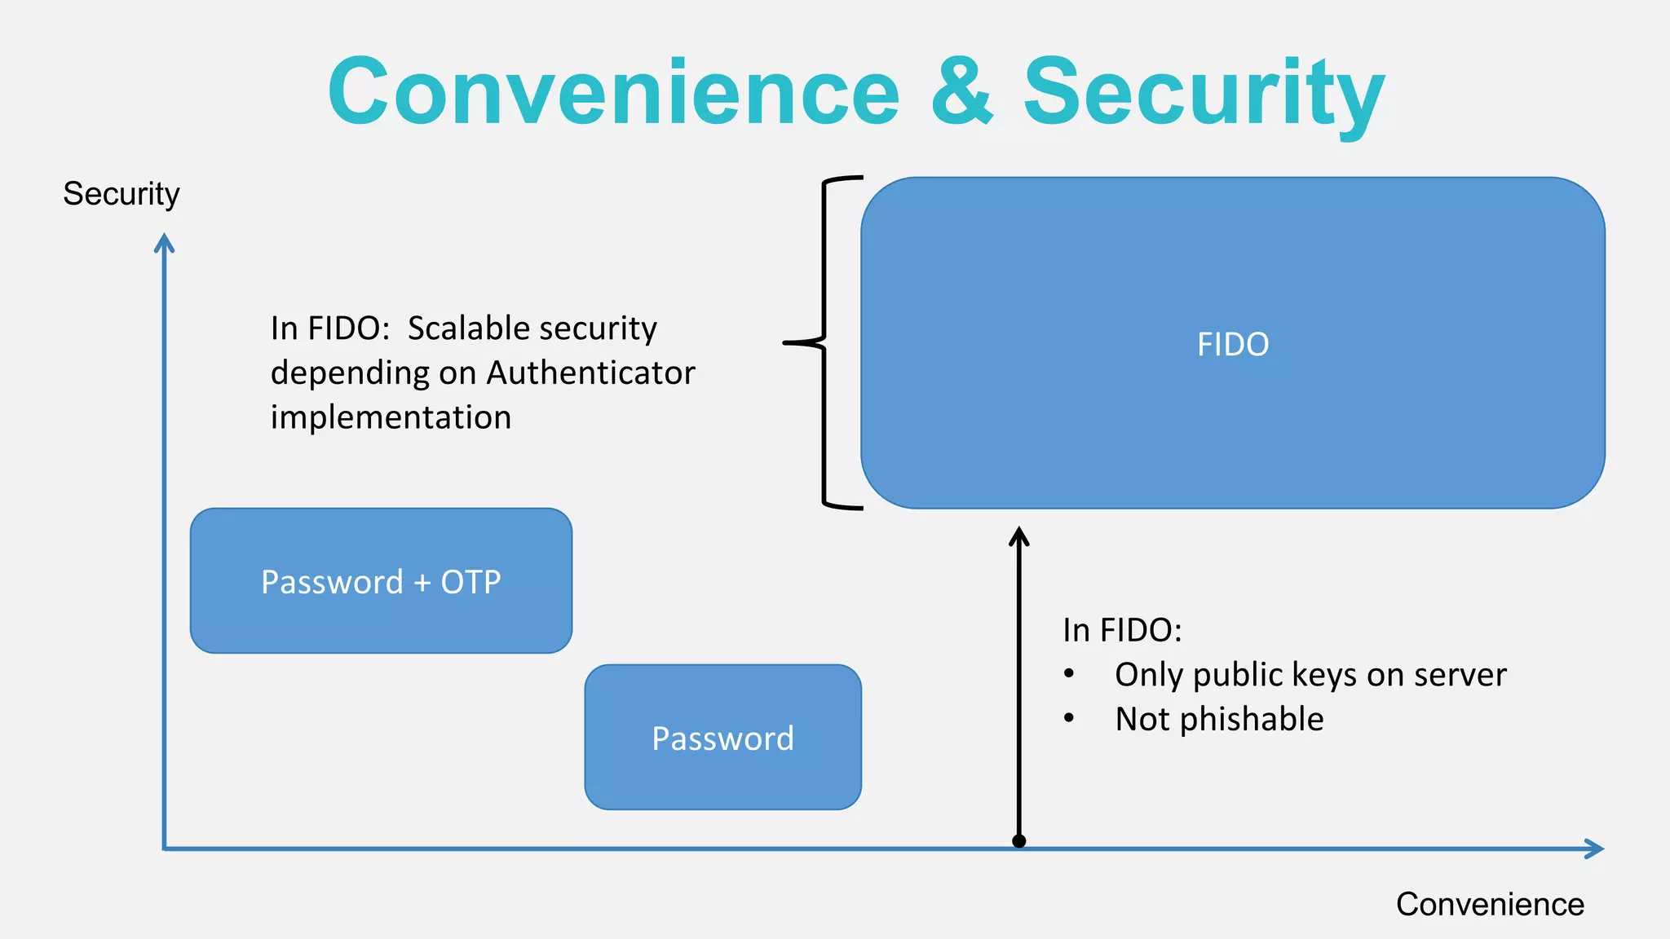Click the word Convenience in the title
pyautogui.click(x=613, y=92)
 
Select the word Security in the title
pyautogui.click(x=1204, y=92)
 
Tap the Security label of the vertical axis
pyautogui.click(x=121, y=194)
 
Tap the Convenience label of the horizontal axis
pyautogui.click(x=1490, y=904)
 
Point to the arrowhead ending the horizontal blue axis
pyautogui.click(x=1596, y=849)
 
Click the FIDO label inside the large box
pyautogui.click(x=1232, y=344)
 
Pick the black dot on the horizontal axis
pyautogui.click(x=1018, y=841)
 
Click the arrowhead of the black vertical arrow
pyautogui.click(x=1018, y=536)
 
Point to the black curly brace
pyautogui.click(x=824, y=343)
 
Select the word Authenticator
pyautogui.click(x=590, y=373)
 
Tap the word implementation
pyautogui.click(x=391, y=417)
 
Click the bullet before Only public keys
pyautogui.click(x=1069, y=674)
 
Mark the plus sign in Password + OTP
pyautogui.click(x=422, y=583)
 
